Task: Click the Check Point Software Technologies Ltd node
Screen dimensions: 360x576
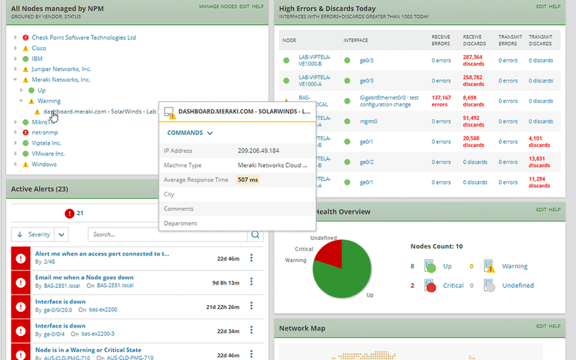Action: (x=83, y=37)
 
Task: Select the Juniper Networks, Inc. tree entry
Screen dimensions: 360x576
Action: (x=61, y=69)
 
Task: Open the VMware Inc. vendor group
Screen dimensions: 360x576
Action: (x=48, y=153)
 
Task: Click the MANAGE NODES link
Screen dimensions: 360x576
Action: (x=217, y=6)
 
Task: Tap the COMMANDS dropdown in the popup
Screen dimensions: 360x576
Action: (x=190, y=133)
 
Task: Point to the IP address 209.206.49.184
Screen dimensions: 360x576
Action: (x=258, y=151)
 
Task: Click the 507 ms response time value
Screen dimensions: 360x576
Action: (x=248, y=180)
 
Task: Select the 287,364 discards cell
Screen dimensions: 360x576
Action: (x=472, y=60)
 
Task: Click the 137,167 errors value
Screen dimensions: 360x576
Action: (x=441, y=101)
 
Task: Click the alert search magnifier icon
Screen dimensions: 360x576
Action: (x=255, y=234)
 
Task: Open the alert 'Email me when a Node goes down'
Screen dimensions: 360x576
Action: (x=84, y=277)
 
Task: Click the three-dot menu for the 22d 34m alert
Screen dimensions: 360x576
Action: (x=251, y=330)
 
